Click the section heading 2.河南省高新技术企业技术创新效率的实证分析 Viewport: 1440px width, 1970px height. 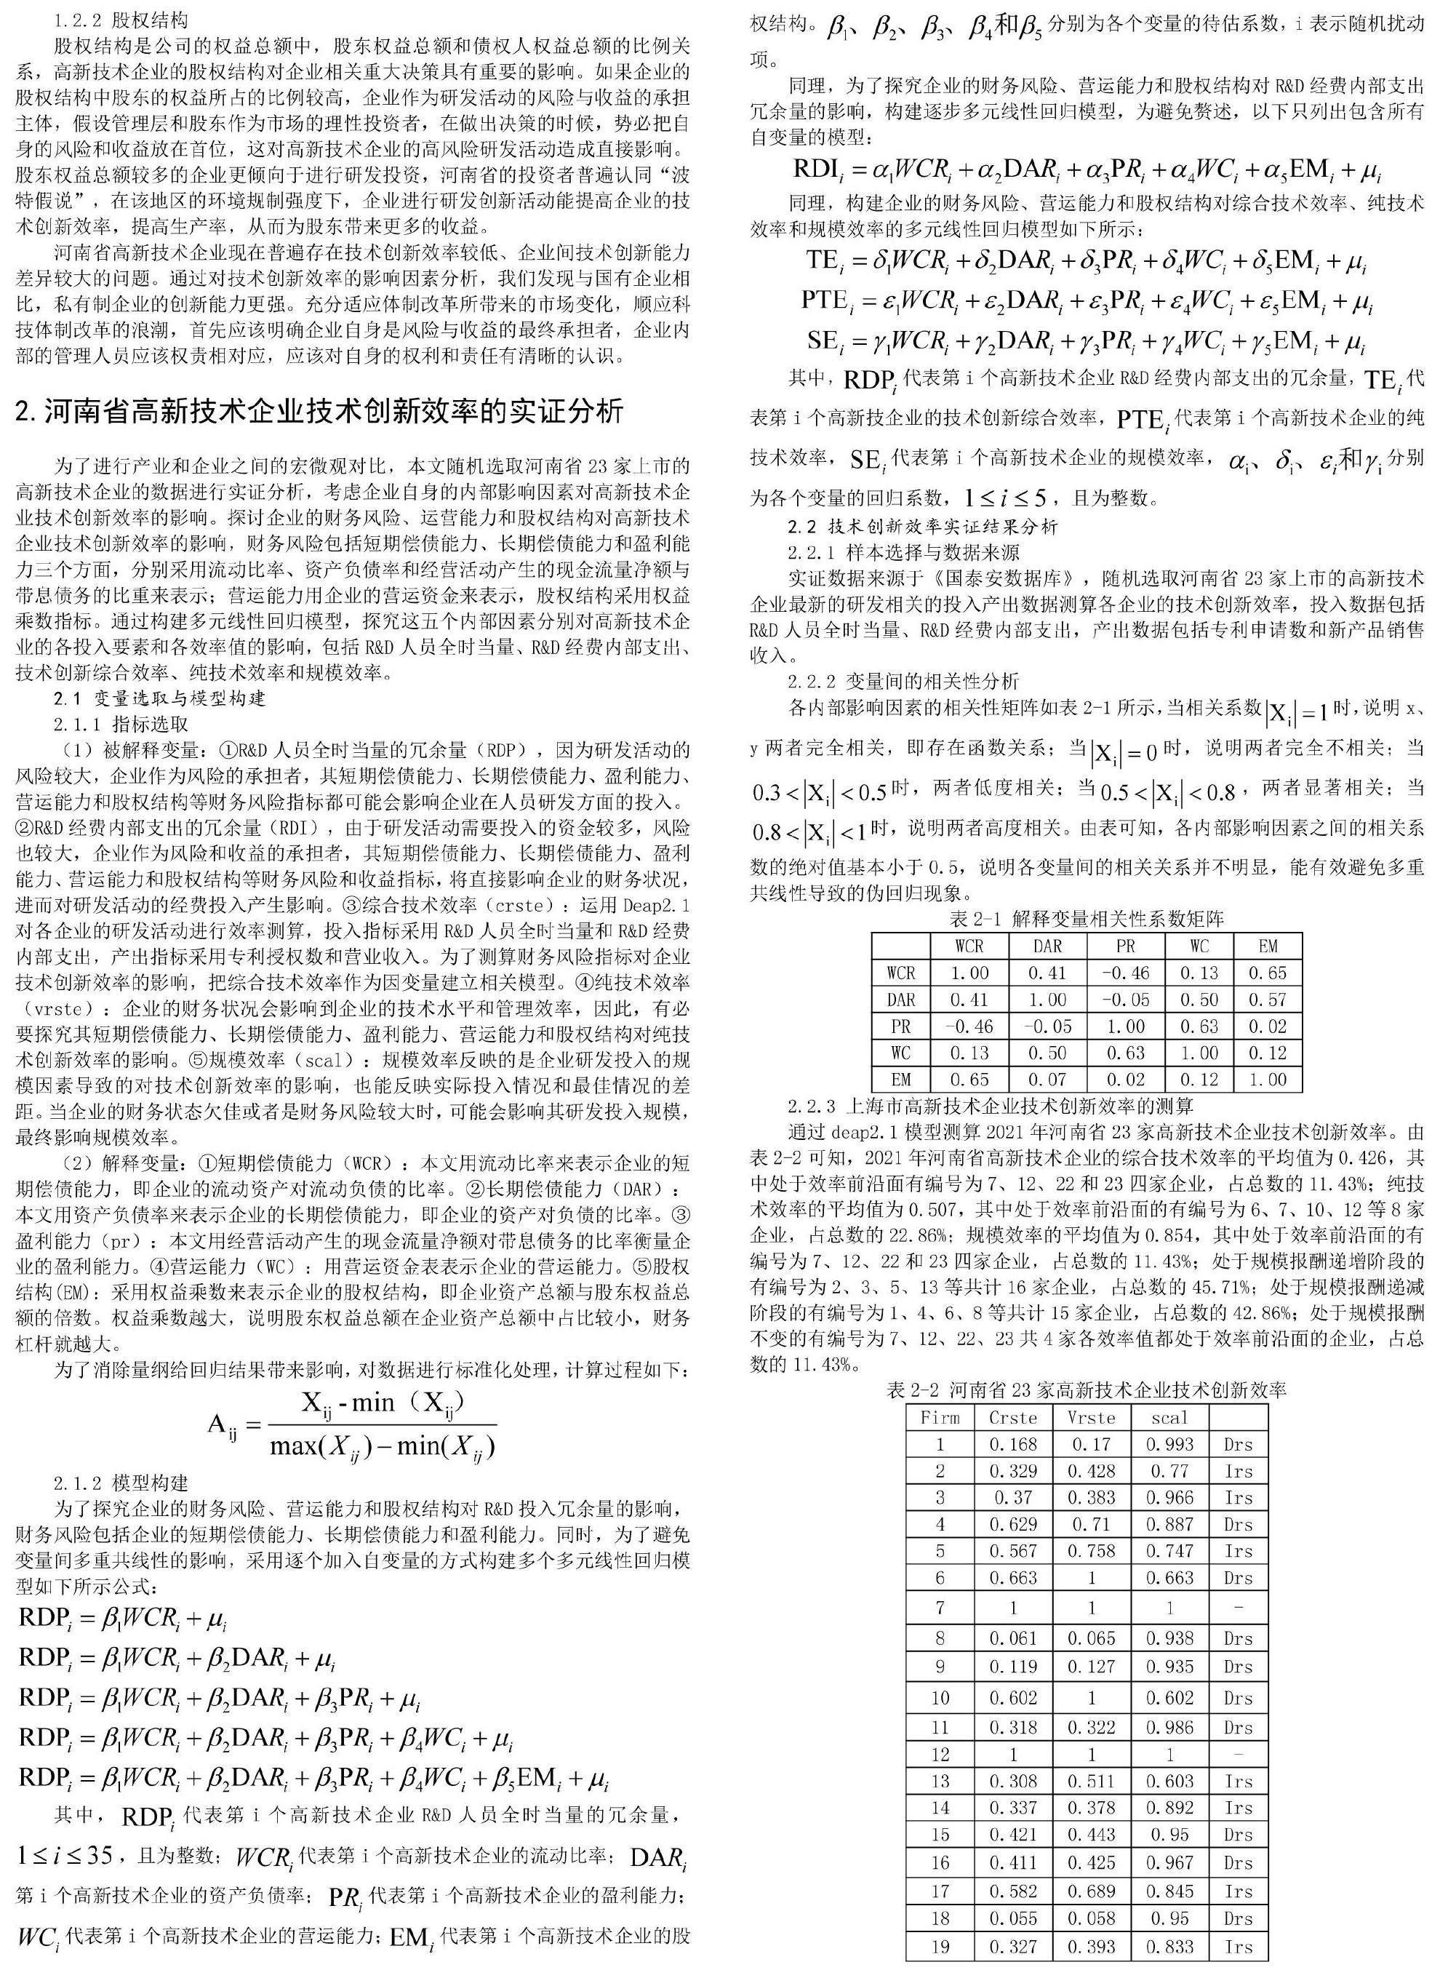(x=319, y=410)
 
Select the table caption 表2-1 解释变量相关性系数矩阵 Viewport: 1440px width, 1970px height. (x=1086, y=918)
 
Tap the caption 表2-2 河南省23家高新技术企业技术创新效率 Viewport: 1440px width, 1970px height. (x=1086, y=1390)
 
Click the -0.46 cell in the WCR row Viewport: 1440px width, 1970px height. (x=1125, y=973)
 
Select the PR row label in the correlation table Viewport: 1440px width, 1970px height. (x=900, y=1026)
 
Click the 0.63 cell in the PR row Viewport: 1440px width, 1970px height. (x=1199, y=1026)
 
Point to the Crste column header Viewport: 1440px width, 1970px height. (x=1013, y=1417)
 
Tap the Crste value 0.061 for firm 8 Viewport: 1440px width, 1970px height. (x=1013, y=1638)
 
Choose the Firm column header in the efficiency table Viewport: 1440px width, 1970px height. (x=940, y=1417)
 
